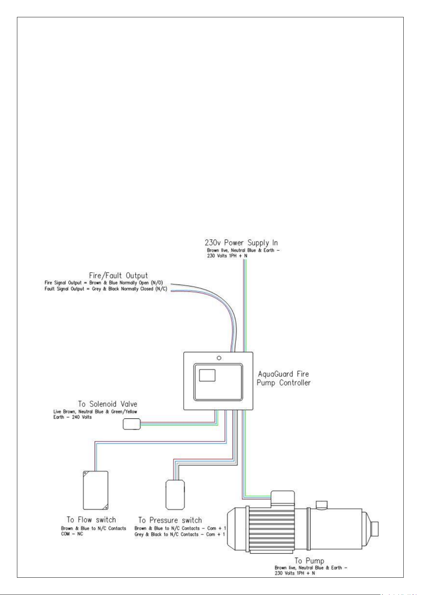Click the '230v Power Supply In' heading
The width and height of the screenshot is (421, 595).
[241, 243]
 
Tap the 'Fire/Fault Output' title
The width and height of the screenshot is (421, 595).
[118, 275]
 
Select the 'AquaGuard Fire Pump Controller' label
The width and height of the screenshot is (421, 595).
[283, 379]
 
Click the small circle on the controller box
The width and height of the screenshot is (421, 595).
[219, 358]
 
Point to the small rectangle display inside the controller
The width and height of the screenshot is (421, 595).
[207, 375]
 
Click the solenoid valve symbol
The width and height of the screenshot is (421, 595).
[131, 424]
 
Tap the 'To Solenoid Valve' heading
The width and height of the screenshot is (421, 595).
[108, 404]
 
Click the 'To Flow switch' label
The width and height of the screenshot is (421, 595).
[91, 519]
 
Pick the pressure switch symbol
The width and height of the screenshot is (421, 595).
[175, 495]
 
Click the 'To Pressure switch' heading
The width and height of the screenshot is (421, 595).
[170, 520]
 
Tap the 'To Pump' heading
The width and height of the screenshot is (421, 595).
[309, 561]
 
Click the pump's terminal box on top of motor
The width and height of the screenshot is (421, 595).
[282, 499]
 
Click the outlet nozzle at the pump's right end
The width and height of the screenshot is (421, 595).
[374, 529]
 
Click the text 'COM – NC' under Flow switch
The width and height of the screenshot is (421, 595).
[72, 534]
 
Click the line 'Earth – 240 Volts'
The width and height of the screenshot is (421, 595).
[72, 417]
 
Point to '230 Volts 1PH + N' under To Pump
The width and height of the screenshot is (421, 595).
[295, 573]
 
